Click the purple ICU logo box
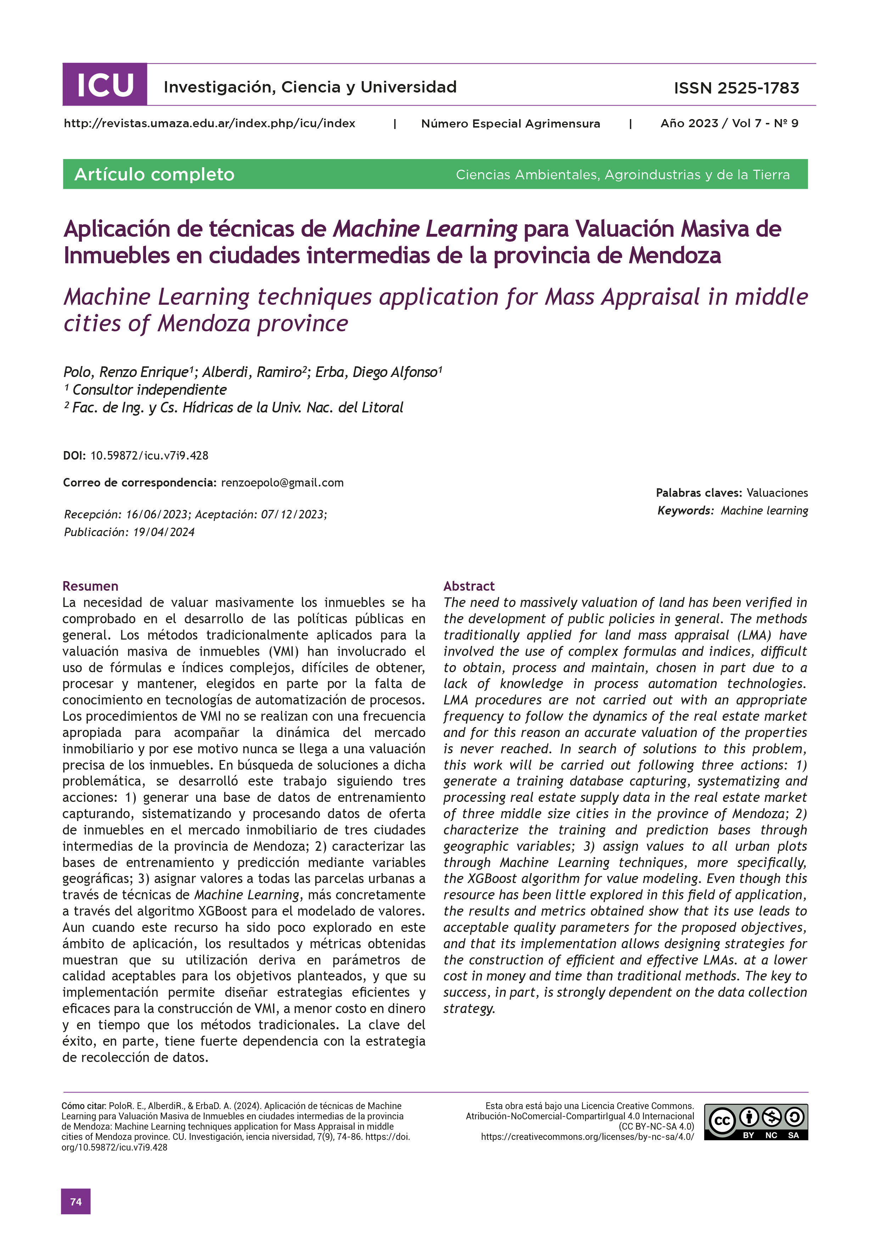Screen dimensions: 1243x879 click(x=105, y=84)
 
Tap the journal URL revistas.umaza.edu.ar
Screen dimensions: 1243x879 click(x=209, y=123)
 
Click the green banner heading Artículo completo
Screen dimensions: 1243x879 click(x=154, y=174)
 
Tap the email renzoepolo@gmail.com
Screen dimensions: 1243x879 click(x=282, y=482)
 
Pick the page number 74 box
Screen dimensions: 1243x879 click(x=76, y=1201)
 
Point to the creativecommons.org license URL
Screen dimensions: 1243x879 click(x=587, y=1137)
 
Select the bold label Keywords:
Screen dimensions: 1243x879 click(x=685, y=511)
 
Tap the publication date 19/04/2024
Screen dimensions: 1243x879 click(x=163, y=532)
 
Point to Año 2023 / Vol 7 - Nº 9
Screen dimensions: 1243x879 click(x=729, y=123)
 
